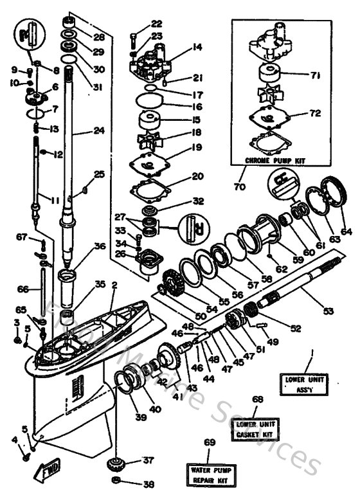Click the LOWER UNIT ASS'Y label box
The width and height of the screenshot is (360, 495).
coord(303,383)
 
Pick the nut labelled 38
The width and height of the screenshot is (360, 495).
coord(115,482)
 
